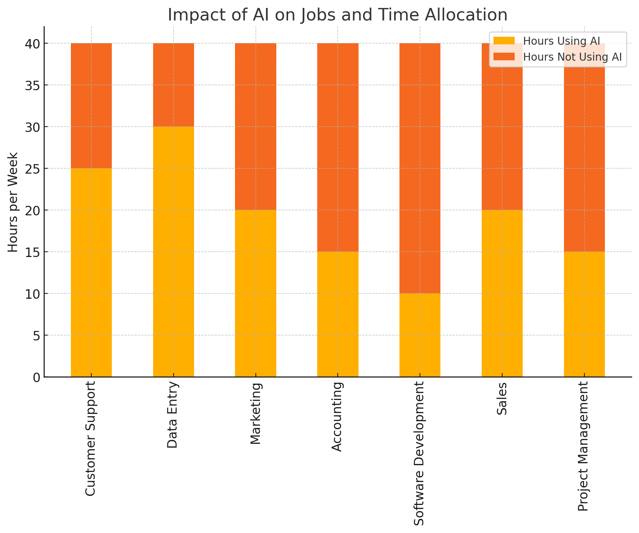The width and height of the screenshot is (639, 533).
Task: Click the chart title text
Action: point(337,15)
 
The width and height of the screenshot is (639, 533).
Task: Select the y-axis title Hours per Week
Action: point(13,202)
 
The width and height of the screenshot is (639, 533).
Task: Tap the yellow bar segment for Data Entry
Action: point(173,251)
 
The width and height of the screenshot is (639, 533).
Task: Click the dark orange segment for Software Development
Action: point(420,168)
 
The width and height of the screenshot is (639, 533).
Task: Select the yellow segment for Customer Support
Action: point(91,272)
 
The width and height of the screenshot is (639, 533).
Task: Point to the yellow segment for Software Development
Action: point(420,335)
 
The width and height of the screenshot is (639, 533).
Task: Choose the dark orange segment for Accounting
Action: point(338,147)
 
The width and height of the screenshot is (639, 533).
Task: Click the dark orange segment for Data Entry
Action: point(173,85)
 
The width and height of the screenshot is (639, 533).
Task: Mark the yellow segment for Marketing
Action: point(255,293)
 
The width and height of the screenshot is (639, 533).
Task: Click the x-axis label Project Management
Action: point(584,447)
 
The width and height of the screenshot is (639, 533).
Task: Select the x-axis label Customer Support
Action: point(91,439)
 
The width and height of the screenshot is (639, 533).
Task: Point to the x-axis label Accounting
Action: point(337,417)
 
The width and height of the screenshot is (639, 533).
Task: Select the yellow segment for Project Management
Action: point(584,314)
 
